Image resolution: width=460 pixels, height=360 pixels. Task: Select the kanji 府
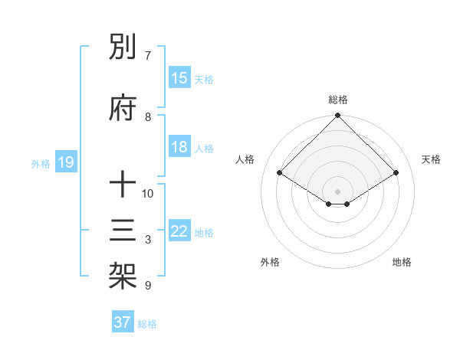coord(123,109)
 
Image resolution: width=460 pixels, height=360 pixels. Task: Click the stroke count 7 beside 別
coord(148,55)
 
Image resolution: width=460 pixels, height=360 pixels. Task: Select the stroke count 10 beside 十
coord(148,193)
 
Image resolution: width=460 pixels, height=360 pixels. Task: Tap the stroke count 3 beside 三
coord(148,240)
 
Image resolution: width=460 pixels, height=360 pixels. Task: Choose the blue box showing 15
coord(179,78)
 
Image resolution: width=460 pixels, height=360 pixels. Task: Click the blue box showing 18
coord(179,147)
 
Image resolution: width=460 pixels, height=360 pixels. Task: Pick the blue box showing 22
coord(179,231)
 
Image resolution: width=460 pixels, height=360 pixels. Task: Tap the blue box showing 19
coord(65,162)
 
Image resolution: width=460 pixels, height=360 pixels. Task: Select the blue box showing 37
coord(123,322)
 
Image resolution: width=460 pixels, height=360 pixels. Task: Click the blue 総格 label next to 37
coord(147,324)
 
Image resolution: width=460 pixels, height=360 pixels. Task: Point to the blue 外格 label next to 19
coord(41,163)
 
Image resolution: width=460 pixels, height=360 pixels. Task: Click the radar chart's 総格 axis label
coord(338,100)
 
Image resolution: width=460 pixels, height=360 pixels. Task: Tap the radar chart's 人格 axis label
coord(245,159)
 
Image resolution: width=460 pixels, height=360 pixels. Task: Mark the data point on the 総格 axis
coord(338,117)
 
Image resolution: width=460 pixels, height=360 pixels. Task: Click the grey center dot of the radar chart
coord(338,190)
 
